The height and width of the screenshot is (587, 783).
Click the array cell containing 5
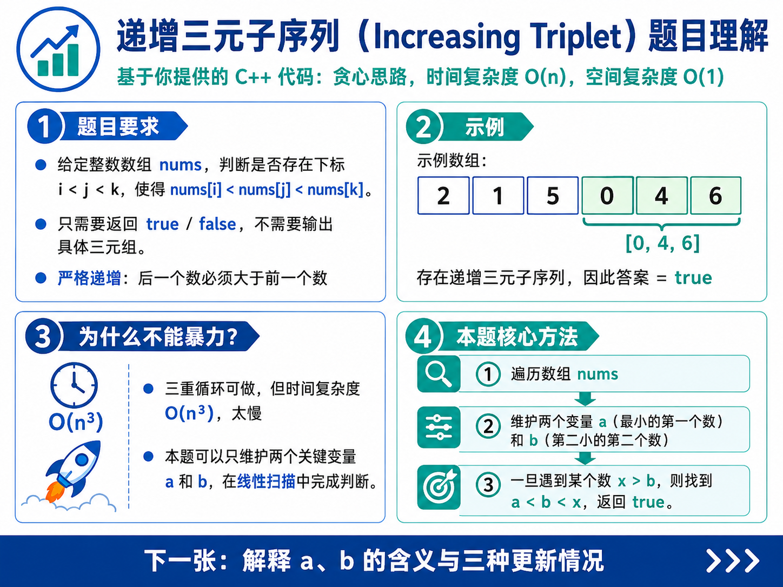point(553,195)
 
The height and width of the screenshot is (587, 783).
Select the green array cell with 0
point(607,195)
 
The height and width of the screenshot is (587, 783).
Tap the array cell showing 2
point(443,195)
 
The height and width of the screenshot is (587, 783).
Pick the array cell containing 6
point(715,195)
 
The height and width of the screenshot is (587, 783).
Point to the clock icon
point(74,385)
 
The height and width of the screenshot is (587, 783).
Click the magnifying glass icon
point(439,373)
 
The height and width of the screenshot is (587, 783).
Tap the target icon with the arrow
point(439,487)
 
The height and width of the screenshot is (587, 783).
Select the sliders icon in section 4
point(439,427)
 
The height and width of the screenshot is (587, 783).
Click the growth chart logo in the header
point(58,49)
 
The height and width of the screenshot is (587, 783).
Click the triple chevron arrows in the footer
point(732,561)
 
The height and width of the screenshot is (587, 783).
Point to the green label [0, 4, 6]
point(662,243)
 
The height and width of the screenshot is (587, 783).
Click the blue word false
point(217,224)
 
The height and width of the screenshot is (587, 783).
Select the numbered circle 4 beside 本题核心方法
point(423,336)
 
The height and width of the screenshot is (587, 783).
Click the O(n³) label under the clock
point(76,422)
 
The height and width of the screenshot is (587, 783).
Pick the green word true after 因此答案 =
point(693,278)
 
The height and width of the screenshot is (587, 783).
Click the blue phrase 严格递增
point(90,278)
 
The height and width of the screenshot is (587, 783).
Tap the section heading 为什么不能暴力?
point(158,336)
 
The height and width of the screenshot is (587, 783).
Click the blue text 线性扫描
point(266,482)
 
